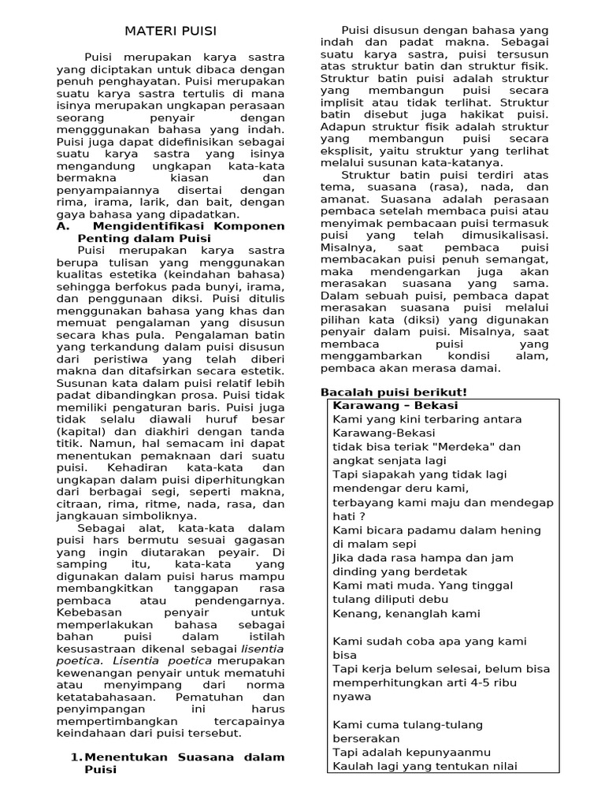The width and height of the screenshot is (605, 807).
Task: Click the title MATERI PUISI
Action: pos(170,31)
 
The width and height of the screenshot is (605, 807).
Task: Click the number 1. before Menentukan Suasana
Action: pos(76,757)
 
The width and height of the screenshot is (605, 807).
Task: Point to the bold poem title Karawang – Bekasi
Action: pos(395,405)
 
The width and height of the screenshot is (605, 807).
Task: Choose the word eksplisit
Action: pos(347,150)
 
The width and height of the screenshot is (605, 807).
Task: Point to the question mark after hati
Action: pos(362,516)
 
